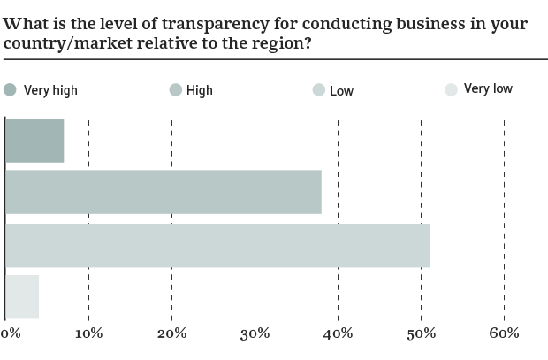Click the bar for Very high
34,140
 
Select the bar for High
163,193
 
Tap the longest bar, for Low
217,246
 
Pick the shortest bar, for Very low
22,298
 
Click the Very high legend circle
10,89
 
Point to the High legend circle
175,89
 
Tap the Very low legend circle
451,89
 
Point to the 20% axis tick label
171,333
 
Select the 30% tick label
255,333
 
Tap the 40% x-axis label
338,333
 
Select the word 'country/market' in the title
57,46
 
